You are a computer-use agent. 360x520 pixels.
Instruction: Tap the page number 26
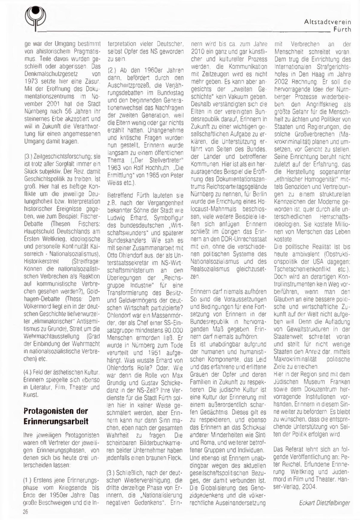click(x=26, y=512)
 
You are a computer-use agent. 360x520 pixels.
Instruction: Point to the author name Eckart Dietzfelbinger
click(x=324, y=503)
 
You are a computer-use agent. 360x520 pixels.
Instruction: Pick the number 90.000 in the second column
click(x=172, y=330)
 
